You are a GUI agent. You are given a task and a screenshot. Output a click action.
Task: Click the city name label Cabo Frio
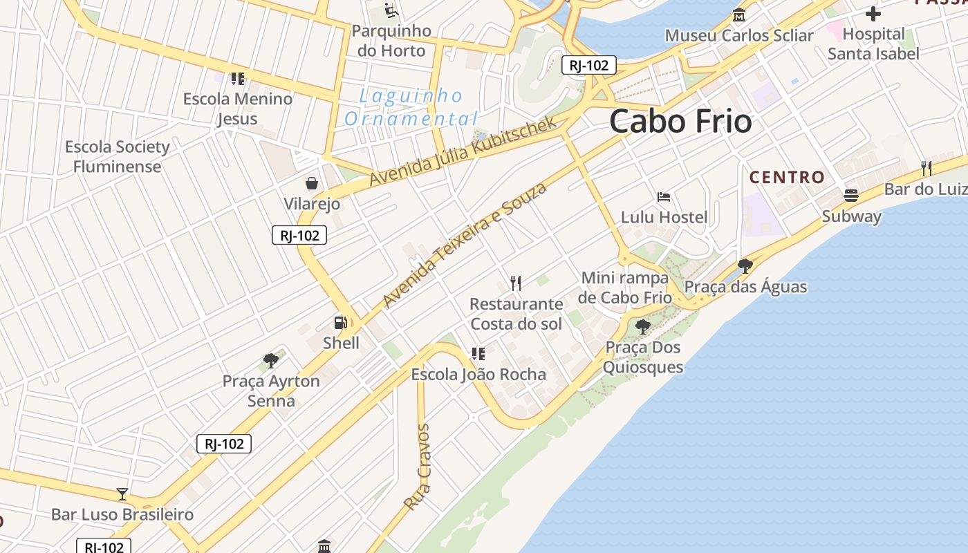coord(680,122)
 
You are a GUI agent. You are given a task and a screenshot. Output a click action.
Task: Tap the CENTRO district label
coord(787,177)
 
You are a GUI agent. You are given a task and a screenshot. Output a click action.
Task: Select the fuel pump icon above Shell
coord(340,322)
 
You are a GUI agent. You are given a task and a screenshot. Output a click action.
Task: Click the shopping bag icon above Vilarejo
coord(312,182)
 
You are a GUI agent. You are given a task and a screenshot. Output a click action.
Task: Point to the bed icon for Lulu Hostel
coord(664,197)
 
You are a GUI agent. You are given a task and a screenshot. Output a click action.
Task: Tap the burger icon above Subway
coord(851,196)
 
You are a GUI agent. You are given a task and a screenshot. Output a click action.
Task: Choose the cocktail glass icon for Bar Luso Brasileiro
coord(122,494)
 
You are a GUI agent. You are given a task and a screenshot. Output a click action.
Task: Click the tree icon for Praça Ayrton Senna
coord(271,360)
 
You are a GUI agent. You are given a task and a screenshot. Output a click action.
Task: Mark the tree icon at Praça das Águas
coord(745,266)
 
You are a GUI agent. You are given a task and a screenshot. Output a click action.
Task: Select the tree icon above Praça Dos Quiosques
coord(643,326)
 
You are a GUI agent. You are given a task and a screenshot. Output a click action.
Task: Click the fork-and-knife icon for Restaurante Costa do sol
coord(516,283)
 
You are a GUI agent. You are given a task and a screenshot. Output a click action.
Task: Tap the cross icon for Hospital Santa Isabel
coord(873,13)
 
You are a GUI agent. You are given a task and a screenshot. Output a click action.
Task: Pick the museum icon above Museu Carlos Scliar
coord(739,15)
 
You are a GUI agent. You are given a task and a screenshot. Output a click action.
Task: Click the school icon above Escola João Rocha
coord(478,354)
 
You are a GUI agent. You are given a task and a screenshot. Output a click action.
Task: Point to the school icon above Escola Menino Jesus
coord(238,79)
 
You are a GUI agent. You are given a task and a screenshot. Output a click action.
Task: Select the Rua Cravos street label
coord(417,467)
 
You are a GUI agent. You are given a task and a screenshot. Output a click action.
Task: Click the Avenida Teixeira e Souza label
coord(464,245)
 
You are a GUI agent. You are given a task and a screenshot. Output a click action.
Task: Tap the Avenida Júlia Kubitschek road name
coord(463,151)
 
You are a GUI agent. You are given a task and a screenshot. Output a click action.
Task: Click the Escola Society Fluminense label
coord(118,156)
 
